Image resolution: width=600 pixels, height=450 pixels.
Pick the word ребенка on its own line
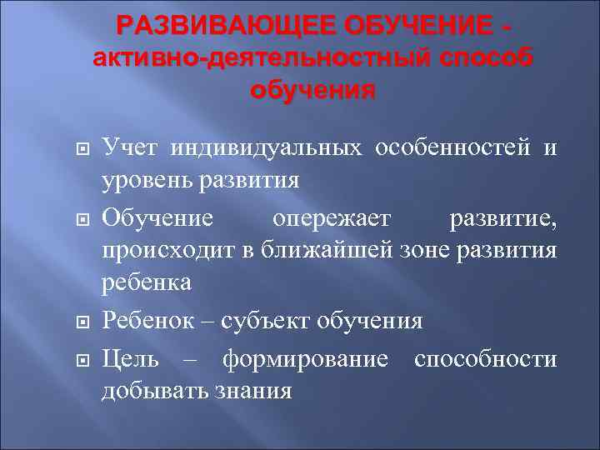(147, 282)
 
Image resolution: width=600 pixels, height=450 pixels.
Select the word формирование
(305, 359)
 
